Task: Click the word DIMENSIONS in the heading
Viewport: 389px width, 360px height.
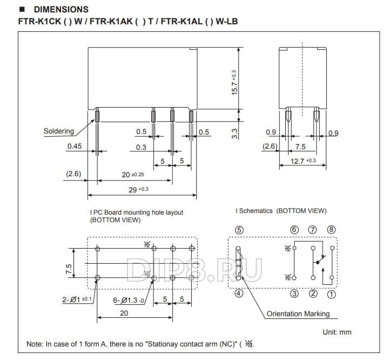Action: (x=61, y=10)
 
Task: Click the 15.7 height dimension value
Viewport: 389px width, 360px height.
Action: (x=234, y=82)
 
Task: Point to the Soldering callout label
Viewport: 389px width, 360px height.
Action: (x=58, y=131)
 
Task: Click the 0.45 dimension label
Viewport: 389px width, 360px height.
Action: (x=75, y=146)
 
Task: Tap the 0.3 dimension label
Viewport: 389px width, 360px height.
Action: (x=141, y=147)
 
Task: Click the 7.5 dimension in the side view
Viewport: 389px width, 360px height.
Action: (x=300, y=146)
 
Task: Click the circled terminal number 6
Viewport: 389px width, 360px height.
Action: (x=294, y=229)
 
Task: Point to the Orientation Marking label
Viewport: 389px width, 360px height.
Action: (x=298, y=314)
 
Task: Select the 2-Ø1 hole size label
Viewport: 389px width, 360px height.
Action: (x=73, y=299)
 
